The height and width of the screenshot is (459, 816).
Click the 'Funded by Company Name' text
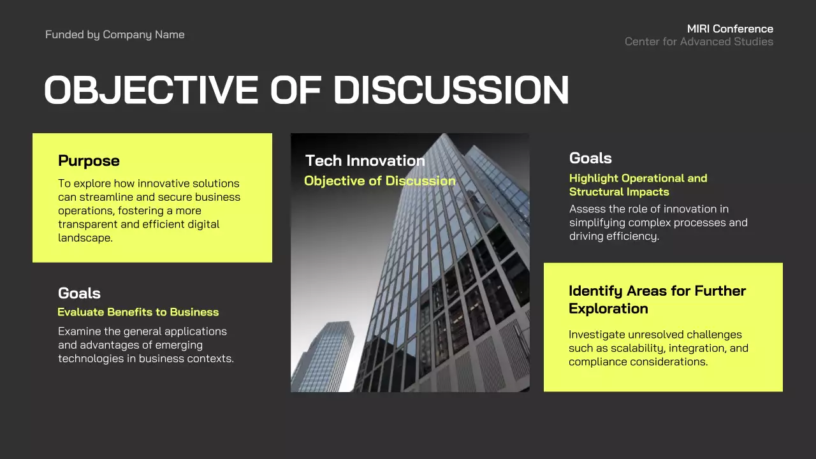coord(115,34)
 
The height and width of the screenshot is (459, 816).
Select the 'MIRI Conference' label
coord(730,29)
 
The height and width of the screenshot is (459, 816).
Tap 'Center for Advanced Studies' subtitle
coord(699,41)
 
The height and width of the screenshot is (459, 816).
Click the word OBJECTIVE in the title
coord(151,90)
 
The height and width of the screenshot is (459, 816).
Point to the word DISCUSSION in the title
coord(451,90)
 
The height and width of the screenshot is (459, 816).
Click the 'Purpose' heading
coord(89,161)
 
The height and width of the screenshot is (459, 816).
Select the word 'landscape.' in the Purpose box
coord(85,238)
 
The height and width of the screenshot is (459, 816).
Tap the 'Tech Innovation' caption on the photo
coord(365,161)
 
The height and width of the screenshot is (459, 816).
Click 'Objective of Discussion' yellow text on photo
coord(379,181)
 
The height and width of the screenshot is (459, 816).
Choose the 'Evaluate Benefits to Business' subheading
coord(138,312)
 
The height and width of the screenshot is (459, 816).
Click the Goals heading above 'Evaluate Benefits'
coord(79,293)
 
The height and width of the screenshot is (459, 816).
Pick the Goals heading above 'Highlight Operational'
coord(590,158)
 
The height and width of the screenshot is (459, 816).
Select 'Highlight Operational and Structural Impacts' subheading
coord(637,185)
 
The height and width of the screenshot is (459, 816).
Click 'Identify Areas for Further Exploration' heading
coord(657,300)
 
